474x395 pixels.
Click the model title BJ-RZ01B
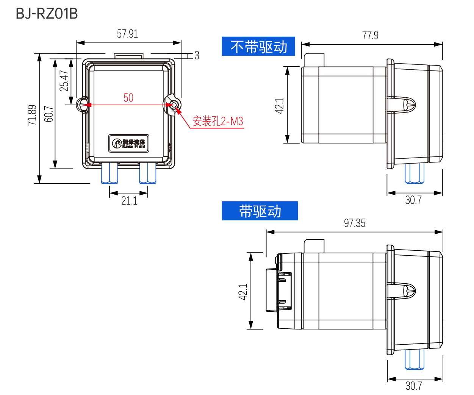click(47, 14)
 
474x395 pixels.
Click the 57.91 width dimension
click(127, 34)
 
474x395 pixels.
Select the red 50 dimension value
click(128, 98)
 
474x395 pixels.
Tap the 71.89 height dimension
click(32, 115)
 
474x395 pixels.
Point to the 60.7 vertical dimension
click(49, 114)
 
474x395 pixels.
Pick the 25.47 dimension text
click(64, 81)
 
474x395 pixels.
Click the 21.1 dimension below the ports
click(129, 201)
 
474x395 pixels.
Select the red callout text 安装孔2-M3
click(218, 122)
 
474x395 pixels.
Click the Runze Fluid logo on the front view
click(129, 144)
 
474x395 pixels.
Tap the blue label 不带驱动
click(258, 47)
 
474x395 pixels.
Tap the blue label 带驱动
click(260, 211)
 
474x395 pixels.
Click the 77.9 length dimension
click(370, 35)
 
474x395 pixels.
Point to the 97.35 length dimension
click(355, 223)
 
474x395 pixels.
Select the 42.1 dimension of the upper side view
click(280, 106)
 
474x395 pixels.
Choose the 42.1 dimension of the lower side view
click(243, 292)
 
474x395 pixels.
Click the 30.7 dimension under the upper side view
click(413, 200)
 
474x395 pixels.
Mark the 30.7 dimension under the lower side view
click(414, 386)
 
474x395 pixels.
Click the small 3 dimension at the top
click(197, 55)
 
